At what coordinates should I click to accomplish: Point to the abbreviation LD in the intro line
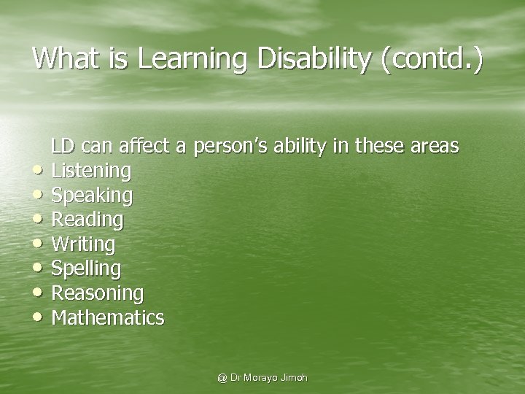[x=63, y=146]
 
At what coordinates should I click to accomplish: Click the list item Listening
[x=92, y=171]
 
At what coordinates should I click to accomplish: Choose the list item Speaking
[x=93, y=196]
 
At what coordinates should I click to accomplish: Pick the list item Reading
[x=88, y=220]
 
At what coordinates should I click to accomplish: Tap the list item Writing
[x=84, y=244]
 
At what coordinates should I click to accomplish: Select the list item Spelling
[x=87, y=269]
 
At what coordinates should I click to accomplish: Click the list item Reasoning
[x=98, y=293]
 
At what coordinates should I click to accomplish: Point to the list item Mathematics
[x=109, y=317]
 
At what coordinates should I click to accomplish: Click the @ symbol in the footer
[x=222, y=378]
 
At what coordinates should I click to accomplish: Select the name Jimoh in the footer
[x=293, y=378]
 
